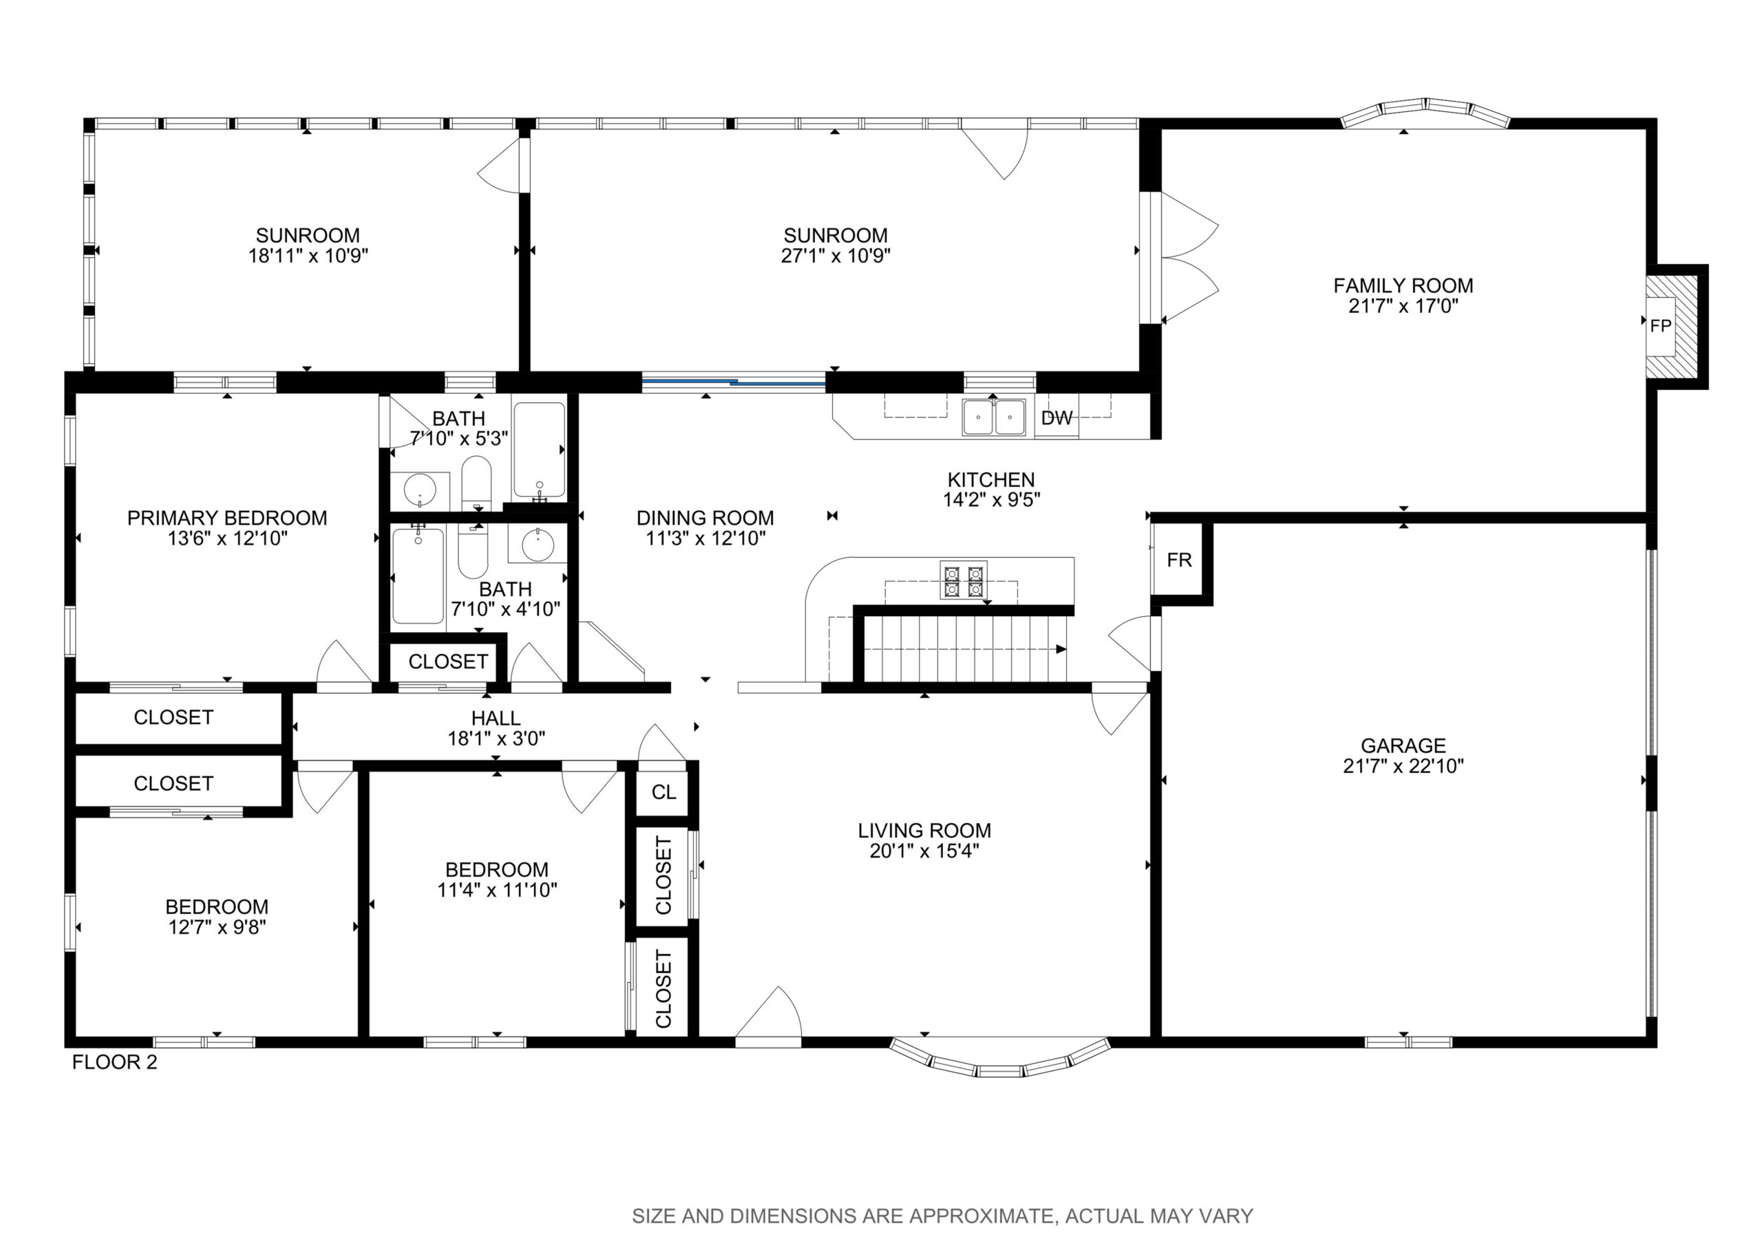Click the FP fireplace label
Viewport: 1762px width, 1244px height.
[x=1661, y=326]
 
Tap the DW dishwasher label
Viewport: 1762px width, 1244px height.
[x=1057, y=418]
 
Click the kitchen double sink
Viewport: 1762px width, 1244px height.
[x=994, y=417]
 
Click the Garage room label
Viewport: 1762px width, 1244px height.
[x=1403, y=745]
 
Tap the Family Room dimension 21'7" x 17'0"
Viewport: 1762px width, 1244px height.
[x=1403, y=306]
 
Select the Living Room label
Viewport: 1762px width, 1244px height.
[x=925, y=830]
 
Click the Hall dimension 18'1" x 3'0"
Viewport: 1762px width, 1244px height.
[x=496, y=739]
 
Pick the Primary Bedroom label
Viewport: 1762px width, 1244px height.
[x=227, y=518]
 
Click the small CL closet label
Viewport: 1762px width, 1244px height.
[x=664, y=792]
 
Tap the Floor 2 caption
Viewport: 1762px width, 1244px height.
[x=114, y=1062]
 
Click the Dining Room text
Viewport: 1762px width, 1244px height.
[x=705, y=518]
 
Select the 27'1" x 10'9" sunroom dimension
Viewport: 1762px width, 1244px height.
[x=836, y=255]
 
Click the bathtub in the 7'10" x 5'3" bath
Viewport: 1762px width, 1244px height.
[x=540, y=450]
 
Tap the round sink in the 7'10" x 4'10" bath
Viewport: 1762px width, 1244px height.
[x=538, y=545]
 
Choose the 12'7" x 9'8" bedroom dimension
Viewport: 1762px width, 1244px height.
[x=217, y=927]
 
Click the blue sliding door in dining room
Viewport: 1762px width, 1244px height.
[x=734, y=381]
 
